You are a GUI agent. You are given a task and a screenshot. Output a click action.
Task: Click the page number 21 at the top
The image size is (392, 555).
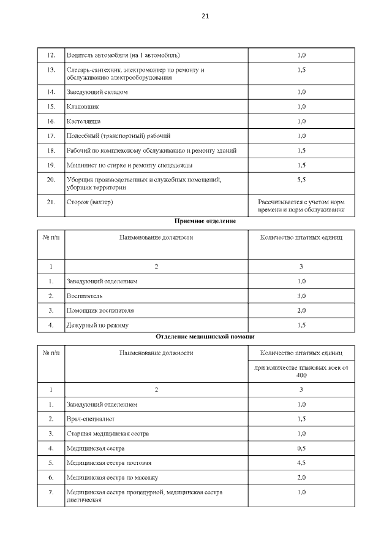pyautogui.click(x=205, y=17)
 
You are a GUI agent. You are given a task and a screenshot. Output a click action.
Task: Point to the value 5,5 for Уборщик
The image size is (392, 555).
pyautogui.click(x=301, y=179)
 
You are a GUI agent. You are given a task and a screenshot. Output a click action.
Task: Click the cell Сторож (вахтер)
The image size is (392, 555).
pyautogui.click(x=90, y=202)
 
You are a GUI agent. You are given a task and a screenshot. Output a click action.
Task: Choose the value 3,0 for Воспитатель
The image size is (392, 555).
pyautogui.click(x=301, y=296)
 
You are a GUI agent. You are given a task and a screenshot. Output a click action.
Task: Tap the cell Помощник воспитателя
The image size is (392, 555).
pyautogui.click(x=100, y=310)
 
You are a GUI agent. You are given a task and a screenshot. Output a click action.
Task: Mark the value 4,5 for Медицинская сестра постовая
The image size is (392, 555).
pyautogui.click(x=301, y=462)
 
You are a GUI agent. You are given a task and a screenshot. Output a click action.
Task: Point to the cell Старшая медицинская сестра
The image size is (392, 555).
pyautogui.click(x=108, y=434)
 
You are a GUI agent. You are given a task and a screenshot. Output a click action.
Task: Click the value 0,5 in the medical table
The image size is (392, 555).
pyautogui.click(x=301, y=448)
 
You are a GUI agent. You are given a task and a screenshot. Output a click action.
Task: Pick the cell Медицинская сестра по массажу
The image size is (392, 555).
pyautogui.click(x=111, y=477)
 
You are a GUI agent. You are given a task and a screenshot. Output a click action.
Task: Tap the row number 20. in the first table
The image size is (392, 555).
pyautogui.click(x=51, y=179)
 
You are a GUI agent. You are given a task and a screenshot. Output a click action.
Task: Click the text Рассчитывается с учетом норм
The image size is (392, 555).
pyautogui.click(x=301, y=202)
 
